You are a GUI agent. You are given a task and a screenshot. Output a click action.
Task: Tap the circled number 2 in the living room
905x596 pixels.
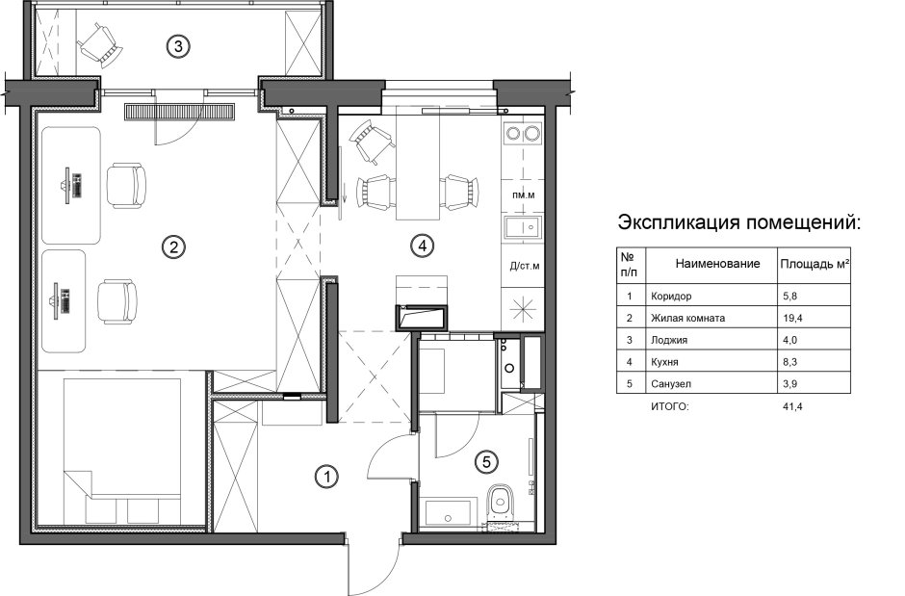(x=173, y=247)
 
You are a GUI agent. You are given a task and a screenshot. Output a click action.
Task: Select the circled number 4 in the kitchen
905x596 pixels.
(x=421, y=246)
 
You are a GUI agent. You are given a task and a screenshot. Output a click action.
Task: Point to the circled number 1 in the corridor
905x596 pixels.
(x=327, y=476)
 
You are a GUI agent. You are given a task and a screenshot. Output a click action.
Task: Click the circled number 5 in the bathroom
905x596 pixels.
(x=486, y=463)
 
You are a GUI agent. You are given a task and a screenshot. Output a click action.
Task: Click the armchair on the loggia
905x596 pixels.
(x=99, y=41)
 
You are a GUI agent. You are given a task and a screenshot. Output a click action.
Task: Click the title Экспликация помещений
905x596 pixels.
(x=737, y=224)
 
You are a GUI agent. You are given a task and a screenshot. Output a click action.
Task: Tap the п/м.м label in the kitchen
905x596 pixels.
(x=524, y=195)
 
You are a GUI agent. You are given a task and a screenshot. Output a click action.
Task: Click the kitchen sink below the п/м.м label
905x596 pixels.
(x=524, y=229)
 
